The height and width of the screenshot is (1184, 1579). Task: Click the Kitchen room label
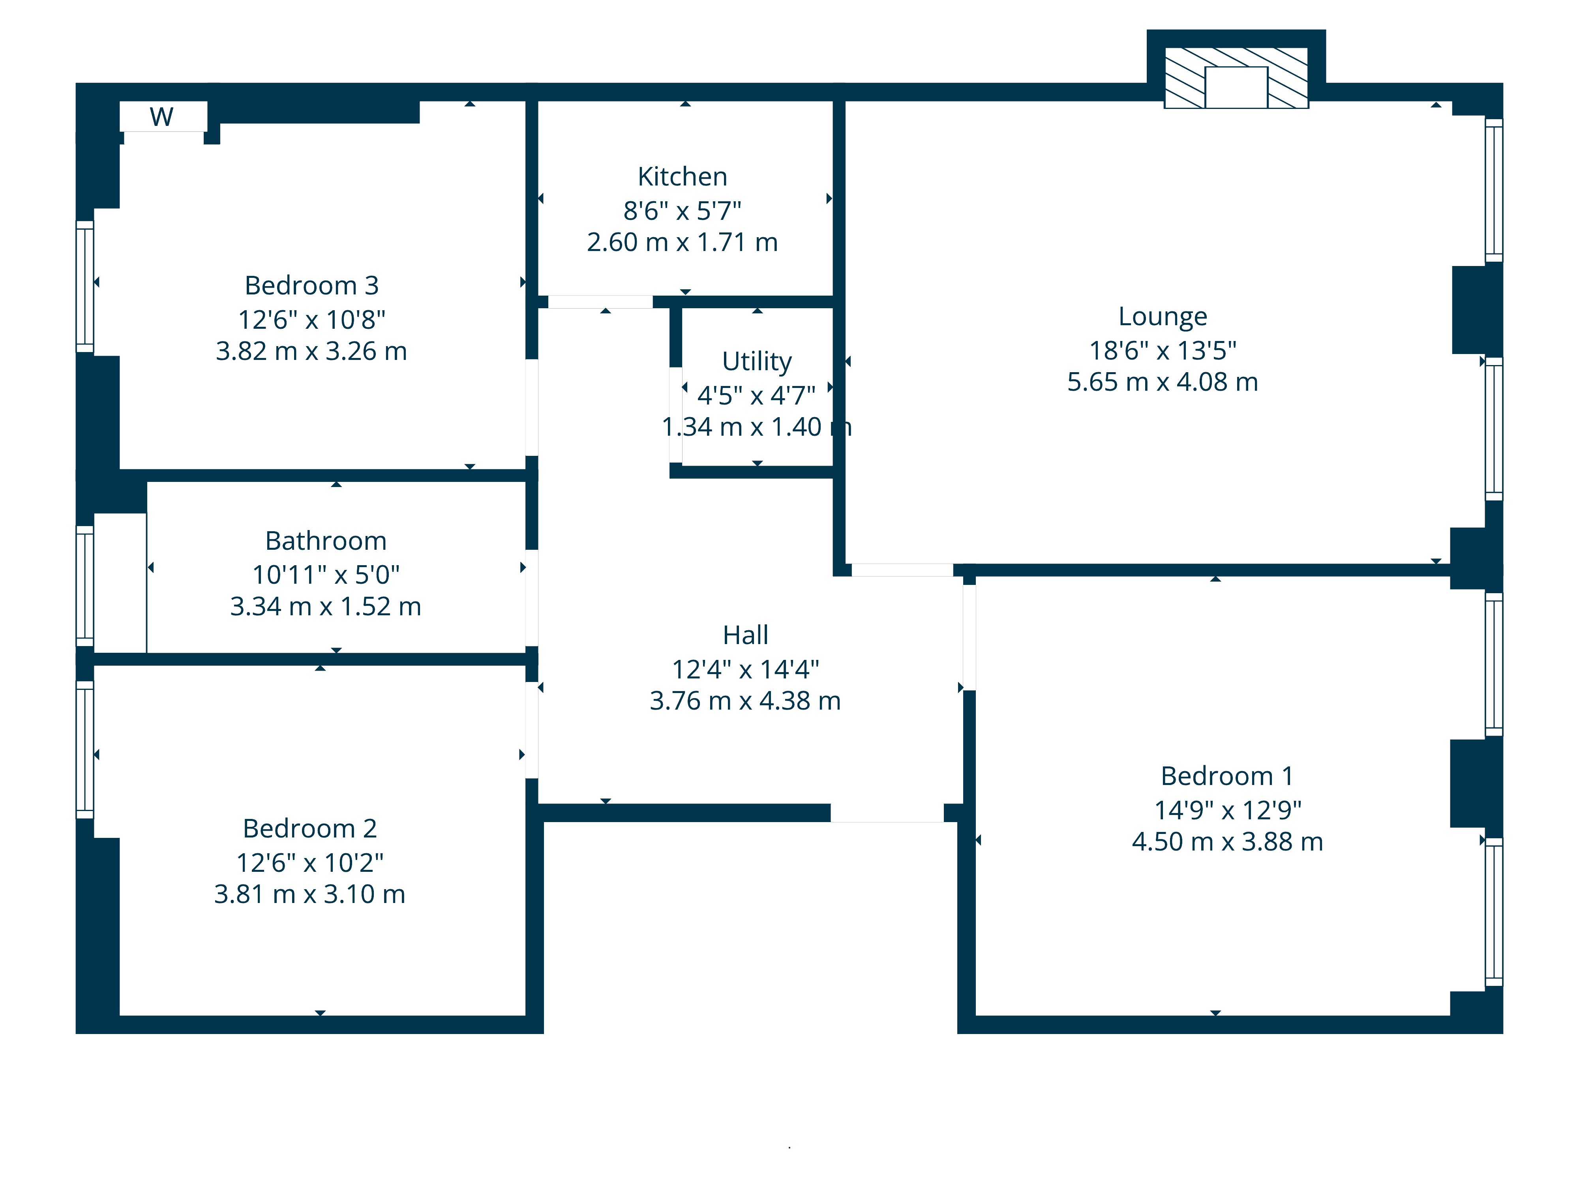[683, 176]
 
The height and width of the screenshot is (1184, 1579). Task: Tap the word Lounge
[1163, 316]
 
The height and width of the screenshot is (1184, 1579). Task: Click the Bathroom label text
[326, 541]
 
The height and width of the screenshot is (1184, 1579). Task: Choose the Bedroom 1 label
[1227, 776]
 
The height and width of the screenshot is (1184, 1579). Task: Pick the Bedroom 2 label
[310, 828]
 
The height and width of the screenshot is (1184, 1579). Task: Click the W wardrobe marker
[162, 116]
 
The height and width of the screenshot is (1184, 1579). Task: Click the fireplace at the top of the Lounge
[1236, 78]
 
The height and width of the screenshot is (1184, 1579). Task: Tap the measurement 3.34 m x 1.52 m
[326, 607]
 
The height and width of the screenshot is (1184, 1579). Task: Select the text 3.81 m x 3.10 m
[310, 894]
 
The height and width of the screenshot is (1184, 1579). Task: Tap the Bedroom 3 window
[85, 286]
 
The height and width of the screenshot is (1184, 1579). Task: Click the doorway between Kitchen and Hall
[600, 302]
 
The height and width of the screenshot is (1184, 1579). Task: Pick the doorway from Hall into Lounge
[902, 570]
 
